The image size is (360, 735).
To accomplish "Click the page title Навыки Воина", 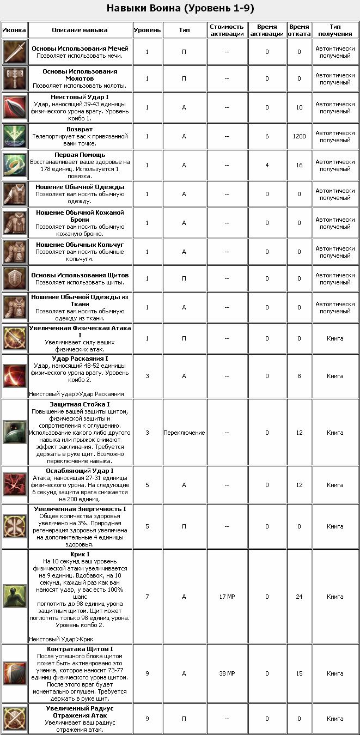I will [180, 8].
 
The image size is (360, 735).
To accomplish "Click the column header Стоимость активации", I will [227, 30].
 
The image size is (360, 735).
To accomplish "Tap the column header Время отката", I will [299, 30].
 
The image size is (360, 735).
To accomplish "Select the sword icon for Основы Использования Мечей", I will [14, 52].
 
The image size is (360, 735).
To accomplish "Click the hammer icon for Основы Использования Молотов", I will [14, 78].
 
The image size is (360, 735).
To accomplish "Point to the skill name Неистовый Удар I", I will [80, 97].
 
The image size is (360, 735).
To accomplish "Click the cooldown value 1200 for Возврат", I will [299, 136].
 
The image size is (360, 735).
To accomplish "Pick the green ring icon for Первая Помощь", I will [14, 165].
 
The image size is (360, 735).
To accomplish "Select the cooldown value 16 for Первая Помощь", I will [299, 165].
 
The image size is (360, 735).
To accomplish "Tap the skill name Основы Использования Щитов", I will [80, 275].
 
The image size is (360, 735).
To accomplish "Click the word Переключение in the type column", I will [184, 433].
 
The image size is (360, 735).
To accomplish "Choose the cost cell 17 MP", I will [227, 597].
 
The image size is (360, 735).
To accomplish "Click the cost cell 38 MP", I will [227, 673].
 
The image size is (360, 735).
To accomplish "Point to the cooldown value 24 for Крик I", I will [299, 597].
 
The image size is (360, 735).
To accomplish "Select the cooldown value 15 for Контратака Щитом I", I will [299, 673].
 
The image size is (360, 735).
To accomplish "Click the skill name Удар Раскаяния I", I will [80, 359].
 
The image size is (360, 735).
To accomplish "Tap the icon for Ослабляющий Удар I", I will [14, 484].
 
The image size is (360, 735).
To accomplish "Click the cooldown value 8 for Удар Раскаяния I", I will [299, 375].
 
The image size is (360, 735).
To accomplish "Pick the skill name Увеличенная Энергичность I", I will [80, 509].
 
